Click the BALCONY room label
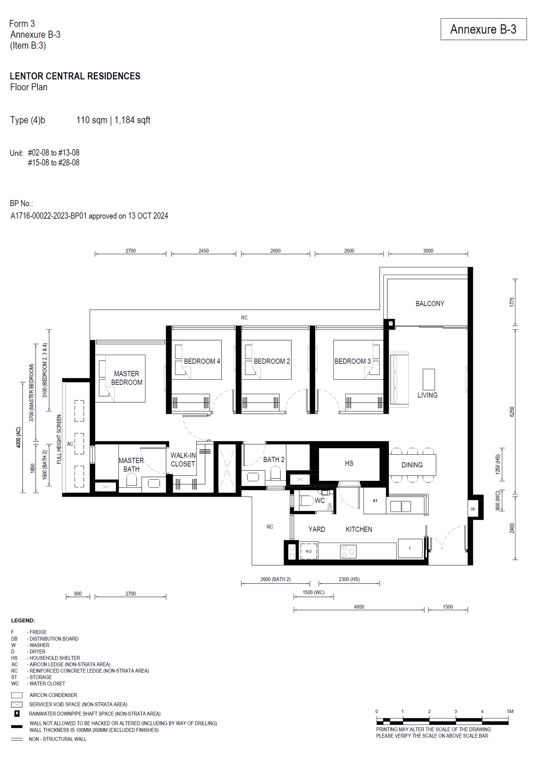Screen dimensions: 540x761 (x=430, y=304)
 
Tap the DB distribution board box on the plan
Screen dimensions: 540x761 (x=473, y=509)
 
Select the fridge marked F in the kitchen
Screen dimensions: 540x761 (x=410, y=548)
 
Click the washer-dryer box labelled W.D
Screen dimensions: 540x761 (x=308, y=551)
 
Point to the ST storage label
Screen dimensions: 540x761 (x=375, y=501)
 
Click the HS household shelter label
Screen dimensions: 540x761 (x=349, y=464)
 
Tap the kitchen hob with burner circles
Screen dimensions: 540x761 (x=348, y=551)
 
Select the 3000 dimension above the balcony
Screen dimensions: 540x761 (x=428, y=251)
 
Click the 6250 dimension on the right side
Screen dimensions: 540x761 (x=512, y=412)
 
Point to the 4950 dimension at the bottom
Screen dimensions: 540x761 (x=359, y=607)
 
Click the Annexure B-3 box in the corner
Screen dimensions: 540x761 (x=483, y=29)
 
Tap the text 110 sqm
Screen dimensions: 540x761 (x=92, y=120)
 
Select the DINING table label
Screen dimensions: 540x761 (x=412, y=465)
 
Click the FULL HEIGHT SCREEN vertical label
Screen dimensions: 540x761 (x=59, y=439)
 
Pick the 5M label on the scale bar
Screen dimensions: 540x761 (x=510, y=711)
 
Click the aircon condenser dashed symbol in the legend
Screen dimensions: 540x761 (x=17, y=695)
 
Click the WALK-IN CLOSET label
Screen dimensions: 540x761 (x=183, y=460)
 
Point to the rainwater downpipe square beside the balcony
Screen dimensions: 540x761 (x=390, y=324)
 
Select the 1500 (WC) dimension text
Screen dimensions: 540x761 (x=314, y=592)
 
